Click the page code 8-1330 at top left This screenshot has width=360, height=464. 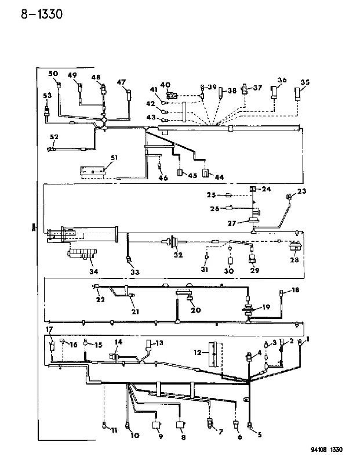(x=42, y=14)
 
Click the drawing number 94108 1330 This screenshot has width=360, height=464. (x=326, y=449)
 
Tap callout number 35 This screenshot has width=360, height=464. (x=305, y=82)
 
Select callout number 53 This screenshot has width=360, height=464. (x=48, y=95)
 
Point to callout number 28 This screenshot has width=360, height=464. (x=294, y=259)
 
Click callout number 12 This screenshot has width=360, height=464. (x=198, y=352)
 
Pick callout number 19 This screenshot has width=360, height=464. (x=266, y=307)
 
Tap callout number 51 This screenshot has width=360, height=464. (x=114, y=157)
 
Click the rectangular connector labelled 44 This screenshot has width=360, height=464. (x=205, y=173)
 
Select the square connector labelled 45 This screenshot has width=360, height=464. (x=180, y=172)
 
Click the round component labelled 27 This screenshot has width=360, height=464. (x=253, y=220)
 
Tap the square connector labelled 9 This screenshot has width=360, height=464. (x=156, y=425)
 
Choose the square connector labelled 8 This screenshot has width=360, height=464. (x=180, y=425)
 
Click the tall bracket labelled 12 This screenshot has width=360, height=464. (x=215, y=354)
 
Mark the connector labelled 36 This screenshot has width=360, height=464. (x=274, y=92)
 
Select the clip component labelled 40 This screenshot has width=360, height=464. (x=172, y=95)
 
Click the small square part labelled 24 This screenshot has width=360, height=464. (x=253, y=188)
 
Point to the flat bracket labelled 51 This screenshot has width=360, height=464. (x=93, y=172)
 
